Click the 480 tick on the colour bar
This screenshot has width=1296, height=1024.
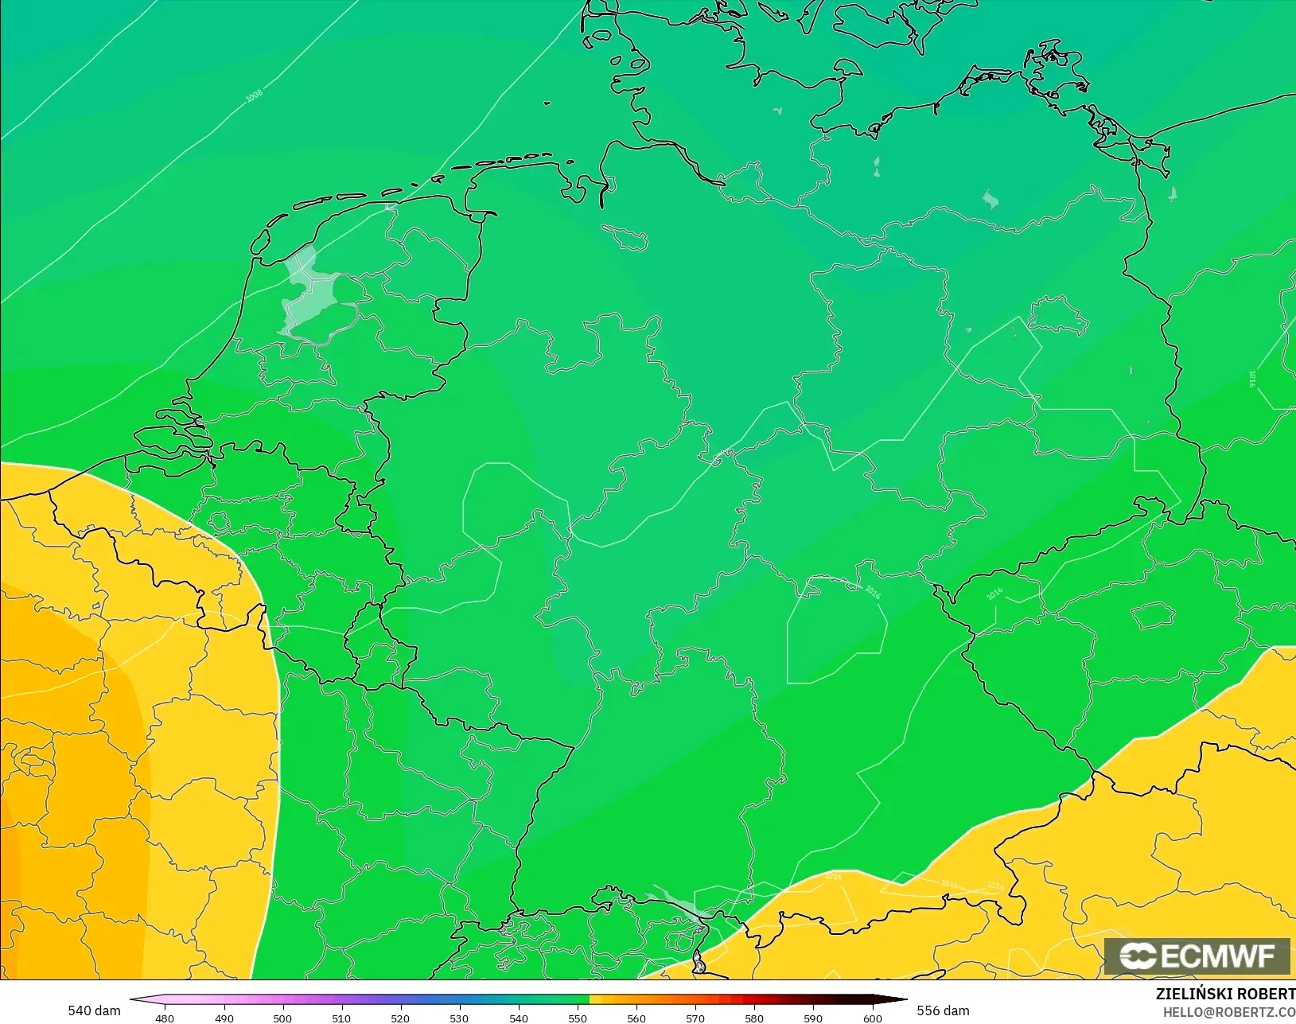click(x=165, y=1018)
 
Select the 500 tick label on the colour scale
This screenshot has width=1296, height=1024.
click(x=282, y=1018)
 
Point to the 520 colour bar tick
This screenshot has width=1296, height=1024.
click(x=400, y=1018)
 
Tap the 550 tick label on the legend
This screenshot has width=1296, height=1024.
click(x=578, y=1018)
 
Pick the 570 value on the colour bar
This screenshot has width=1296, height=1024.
click(x=695, y=1018)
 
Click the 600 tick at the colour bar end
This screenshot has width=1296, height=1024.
click(x=873, y=1018)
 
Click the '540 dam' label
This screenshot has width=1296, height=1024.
click(x=94, y=1010)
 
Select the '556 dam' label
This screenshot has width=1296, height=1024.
click(x=943, y=1010)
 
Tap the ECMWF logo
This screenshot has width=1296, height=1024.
click(x=1197, y=956)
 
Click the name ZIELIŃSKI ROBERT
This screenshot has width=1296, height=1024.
click(x=1225, y=994)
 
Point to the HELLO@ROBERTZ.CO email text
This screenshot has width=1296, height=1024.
click(x=1229, y=1012)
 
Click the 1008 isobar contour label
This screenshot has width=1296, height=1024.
click(x=254, y=96)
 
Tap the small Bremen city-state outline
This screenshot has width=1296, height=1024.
click(x=626, y=236)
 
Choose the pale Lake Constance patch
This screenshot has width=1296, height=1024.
click(x=672, y=901)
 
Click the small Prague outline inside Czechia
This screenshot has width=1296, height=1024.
click(x=1153, y=615)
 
